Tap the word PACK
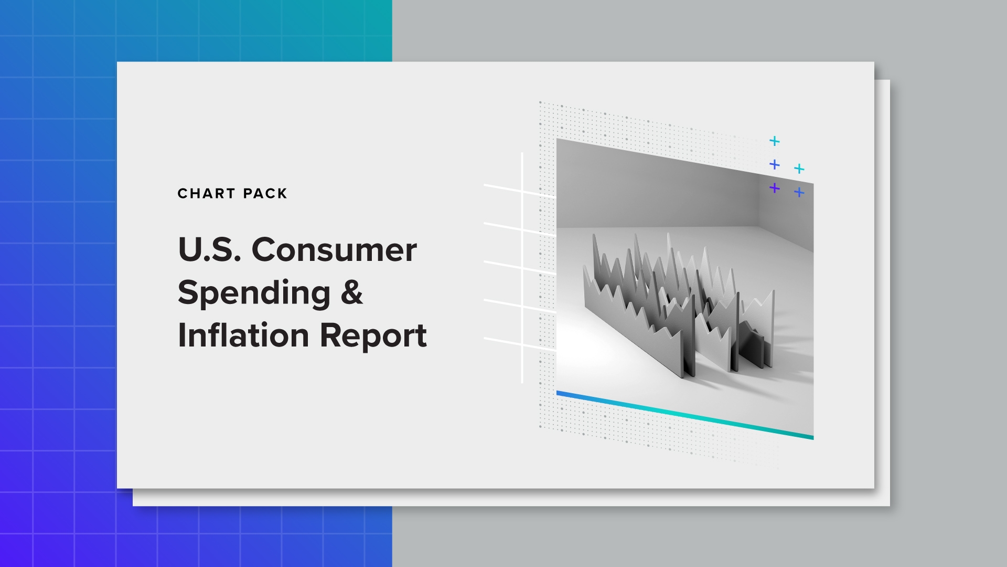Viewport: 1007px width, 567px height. click(265, 194)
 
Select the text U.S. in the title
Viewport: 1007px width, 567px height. click(209, 250)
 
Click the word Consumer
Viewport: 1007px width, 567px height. click(334, 250)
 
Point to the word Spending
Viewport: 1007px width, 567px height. click(254, 293)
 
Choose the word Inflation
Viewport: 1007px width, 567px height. click(243, 335)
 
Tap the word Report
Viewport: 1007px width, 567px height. click(373, 336)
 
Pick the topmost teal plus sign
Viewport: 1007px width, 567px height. click(774, 141)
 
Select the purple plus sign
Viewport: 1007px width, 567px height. click(774, 188)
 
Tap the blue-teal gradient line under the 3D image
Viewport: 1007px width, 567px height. click(682, 415)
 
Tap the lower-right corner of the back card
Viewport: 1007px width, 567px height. click(888, 505)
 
